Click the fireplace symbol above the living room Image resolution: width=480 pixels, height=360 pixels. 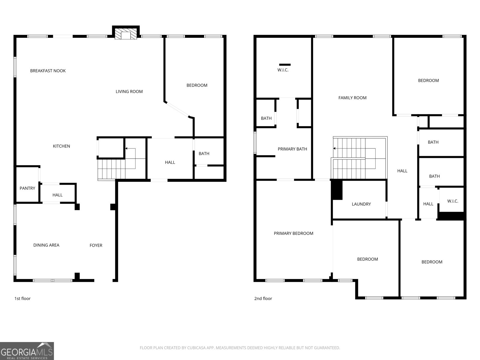point(126,32)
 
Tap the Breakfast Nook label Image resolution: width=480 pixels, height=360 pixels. point(48,71)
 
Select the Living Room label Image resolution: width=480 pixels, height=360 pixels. point(129,91)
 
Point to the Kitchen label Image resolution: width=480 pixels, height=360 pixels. point(61,146)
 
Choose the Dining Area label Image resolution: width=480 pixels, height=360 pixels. point(46,245)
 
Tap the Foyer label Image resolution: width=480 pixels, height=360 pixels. point(96,245)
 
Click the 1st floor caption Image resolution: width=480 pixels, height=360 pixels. point(22,298)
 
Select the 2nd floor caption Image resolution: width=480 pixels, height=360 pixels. point(263,298)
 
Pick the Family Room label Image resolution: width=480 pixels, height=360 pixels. point(352,98)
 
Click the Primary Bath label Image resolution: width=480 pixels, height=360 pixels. point(292,149)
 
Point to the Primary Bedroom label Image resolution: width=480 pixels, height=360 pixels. point(293,233)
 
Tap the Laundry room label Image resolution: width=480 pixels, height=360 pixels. point(361,204)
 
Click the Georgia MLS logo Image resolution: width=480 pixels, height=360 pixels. point(27,351)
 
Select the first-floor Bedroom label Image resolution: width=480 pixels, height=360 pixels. point(197,85)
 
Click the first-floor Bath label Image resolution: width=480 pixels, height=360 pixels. point(204,154)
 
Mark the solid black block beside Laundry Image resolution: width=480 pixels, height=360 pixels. point(337,190)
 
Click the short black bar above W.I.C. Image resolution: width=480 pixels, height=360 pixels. point(285,65)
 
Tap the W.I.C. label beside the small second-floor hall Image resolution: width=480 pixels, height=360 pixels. point(453,201)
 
